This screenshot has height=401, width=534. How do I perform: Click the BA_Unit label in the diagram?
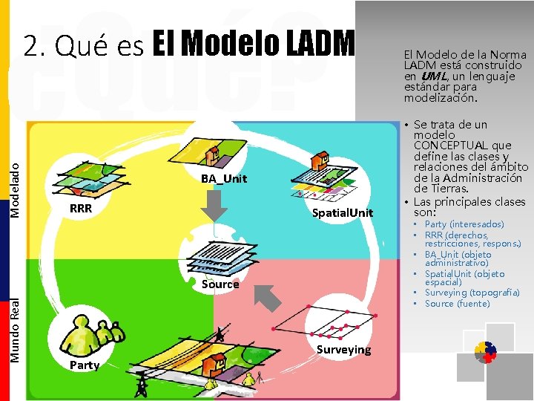click(x=224, y=179)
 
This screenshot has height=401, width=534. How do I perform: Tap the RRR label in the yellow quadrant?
click(x=81, y=209)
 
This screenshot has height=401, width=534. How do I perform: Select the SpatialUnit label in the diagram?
click(x=343, y=214)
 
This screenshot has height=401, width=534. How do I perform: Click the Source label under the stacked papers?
click(x=220, y=284)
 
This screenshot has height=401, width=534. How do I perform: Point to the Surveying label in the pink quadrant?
click(x=343, y=350)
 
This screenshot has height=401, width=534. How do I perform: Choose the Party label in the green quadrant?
click(x=85, y=365)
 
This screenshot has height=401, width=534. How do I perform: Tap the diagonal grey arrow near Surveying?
click(x=271, y=297)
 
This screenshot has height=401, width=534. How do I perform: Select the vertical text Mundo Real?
click(x=15, y=330)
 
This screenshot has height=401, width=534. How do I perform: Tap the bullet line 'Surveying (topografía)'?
click(x=472, y=293)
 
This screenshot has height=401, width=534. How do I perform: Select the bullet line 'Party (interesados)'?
click(x=464, y=224)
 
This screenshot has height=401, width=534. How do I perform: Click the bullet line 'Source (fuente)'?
click(x=458, y=304)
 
